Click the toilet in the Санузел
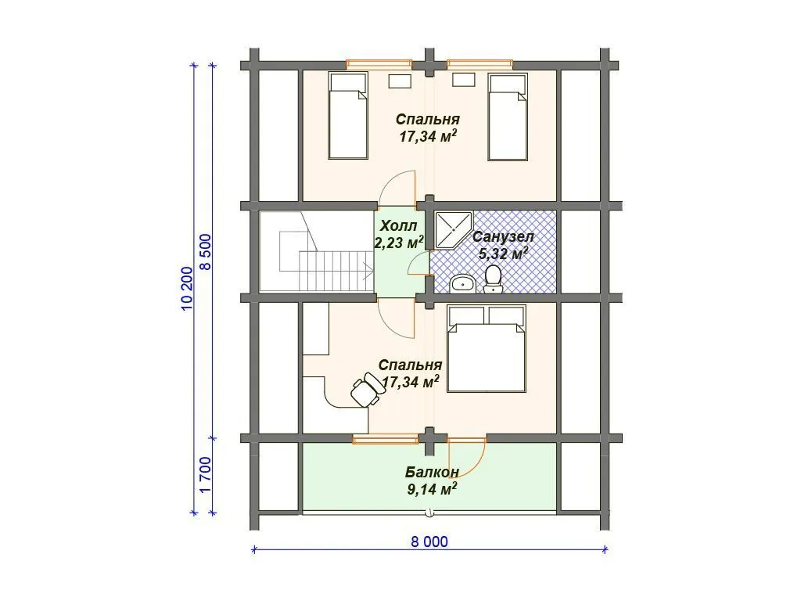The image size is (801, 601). pyautogui.click(x=493, y=279)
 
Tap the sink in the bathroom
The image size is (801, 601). pyautogui.click(x=463, y=283)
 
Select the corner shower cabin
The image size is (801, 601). pyautogui.click(x=454, y=229)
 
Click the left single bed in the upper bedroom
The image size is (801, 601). pyautogui.click(x=348, y=116)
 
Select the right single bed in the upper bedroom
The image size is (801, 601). pyautogui.click(x=507, y=117)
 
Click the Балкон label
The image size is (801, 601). pyautogui.click(x=432, y=472)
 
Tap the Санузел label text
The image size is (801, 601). pyautogui.click(x=503, y=237)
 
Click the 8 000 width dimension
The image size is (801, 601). pyautogui.click(x=429, y=542)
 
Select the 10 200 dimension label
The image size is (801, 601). pyautogui.click(x=187, y=288)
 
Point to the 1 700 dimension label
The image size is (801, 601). pyautogui.click(x=205, y=475)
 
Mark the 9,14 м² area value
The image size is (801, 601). pyautogui.click(x=432, y=489)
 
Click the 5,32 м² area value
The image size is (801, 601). pyautogui.click(x=503, y=253)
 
